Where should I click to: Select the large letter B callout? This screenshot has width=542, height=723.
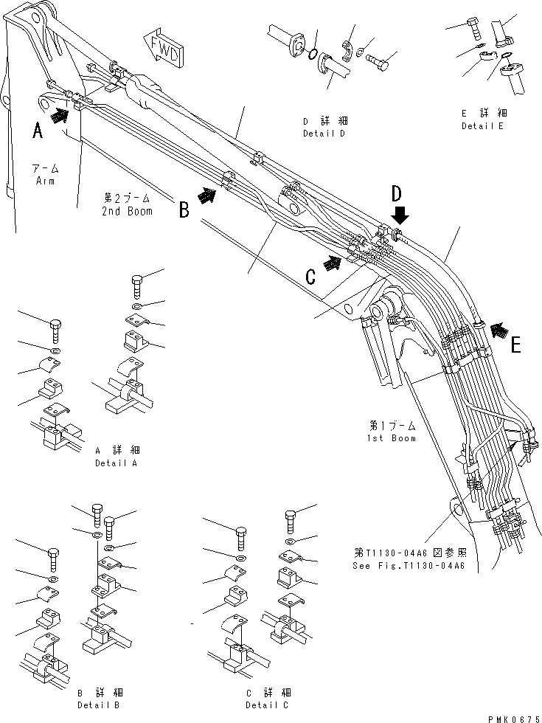pyautogui.click(x=184, y=210)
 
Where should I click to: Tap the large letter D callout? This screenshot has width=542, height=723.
pyautogui.click(x=396, y=195)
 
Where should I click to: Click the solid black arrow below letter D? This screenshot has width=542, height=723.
pyautogui.click(x=400, y=216)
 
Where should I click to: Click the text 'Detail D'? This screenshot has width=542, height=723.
pyautogui.click(x=324, y=134)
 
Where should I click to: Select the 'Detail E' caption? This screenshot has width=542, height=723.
pyautogui.click(x=483, y=126)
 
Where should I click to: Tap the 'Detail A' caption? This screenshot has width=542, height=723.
pyautogui.click(x=116, y=463)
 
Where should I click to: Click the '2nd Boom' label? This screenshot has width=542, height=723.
pyautogui.click(x=128, y=212)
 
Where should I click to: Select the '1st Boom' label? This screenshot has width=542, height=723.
pyautogui.click(x=391, y=437)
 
